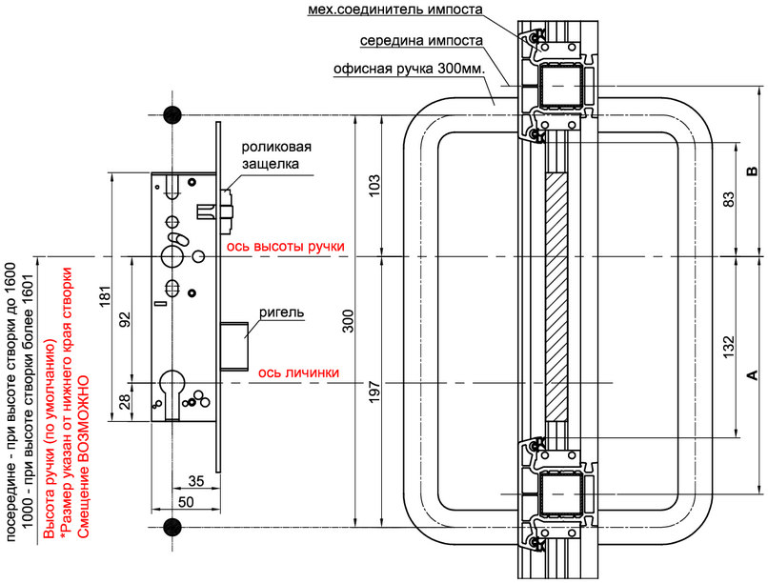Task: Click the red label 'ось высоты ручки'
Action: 285,246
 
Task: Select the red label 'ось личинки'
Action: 299,373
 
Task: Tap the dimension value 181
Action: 106,296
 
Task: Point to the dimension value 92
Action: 126,319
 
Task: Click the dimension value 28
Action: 126,402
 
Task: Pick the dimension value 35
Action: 196,481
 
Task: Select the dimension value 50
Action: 186,502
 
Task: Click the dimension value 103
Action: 374,186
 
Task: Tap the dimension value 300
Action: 347,321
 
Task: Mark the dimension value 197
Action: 374,392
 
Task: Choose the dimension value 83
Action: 729,199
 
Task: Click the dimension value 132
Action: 729,347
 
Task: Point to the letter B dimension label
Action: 752,171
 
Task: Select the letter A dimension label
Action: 752,375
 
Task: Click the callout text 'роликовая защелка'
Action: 276,155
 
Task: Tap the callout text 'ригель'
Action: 282,312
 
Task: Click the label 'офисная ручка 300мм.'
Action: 410,69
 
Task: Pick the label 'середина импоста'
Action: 422,41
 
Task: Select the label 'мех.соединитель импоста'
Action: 395,10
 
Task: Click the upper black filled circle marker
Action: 172,115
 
